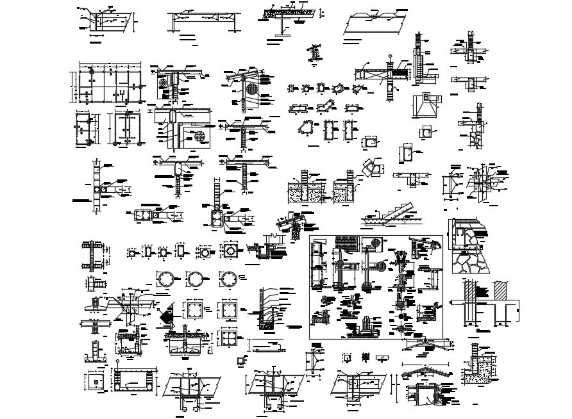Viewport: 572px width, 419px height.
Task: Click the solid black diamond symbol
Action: [x=167, y=314]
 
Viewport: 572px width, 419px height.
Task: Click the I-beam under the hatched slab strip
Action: [x=281, y=24]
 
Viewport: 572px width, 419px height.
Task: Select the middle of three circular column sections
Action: [x=195, y=280]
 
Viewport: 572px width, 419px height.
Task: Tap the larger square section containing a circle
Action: [x=230, y=251]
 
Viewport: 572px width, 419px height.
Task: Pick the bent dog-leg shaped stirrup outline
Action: [x=332, y=106]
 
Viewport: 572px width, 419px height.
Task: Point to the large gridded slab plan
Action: [x=107, y=83]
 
